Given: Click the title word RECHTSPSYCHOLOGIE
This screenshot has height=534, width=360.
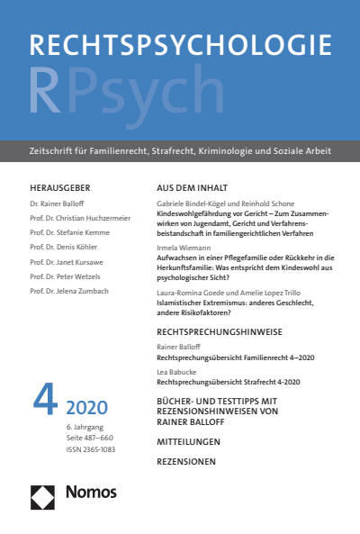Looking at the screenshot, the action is tap(180, 50).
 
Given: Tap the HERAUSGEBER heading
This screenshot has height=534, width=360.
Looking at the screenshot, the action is tap(59, 188).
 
